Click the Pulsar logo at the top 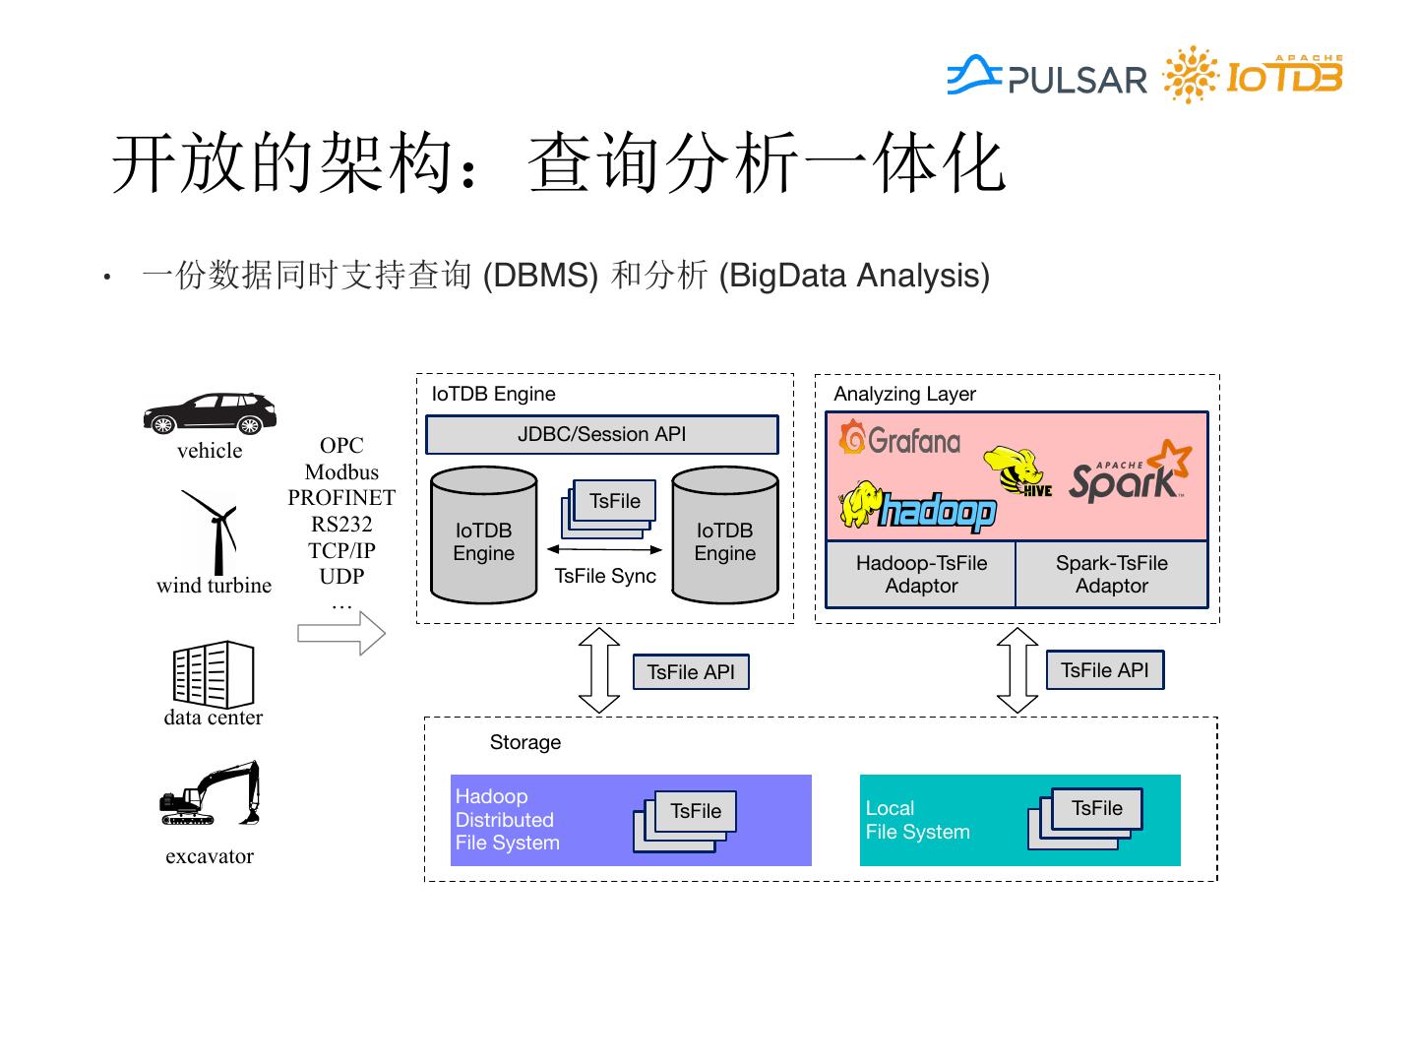tap(1046, 76)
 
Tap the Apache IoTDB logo tap(1253, 74)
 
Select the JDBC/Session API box tap(601, 434)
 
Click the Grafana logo tap(899, 438)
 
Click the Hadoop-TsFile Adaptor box tap(921, 574)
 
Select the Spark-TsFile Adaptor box tap(1112, 574)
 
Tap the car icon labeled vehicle tap(210, 413)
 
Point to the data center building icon tap(214, 674)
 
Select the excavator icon tap(210, 793)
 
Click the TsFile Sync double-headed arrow tap(604, 550)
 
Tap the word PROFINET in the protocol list tap(341, 498)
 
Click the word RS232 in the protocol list tap(341, 524)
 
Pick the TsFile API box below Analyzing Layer tap(1104, 670)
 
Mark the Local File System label tap(917, 820)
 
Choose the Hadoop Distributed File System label tap(508, 820)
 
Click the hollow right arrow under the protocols tap(341, 633)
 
